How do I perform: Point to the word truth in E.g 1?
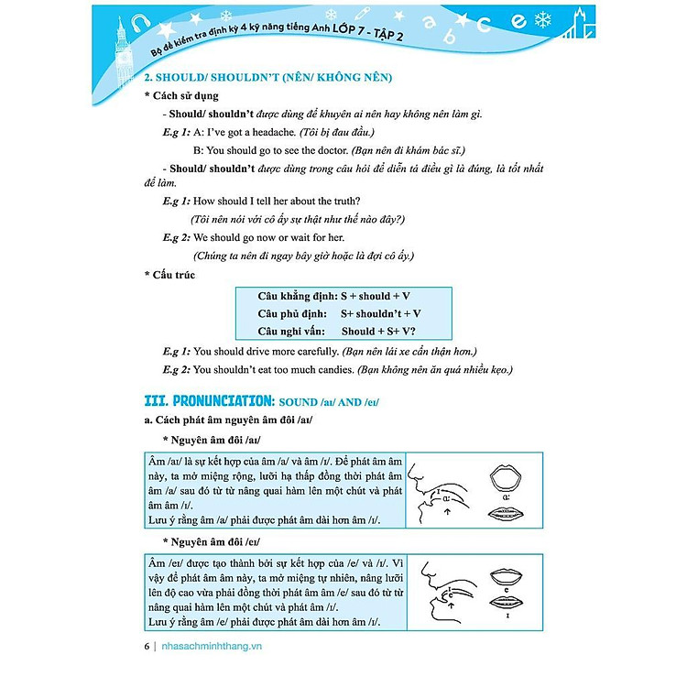tap(342, 201)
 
